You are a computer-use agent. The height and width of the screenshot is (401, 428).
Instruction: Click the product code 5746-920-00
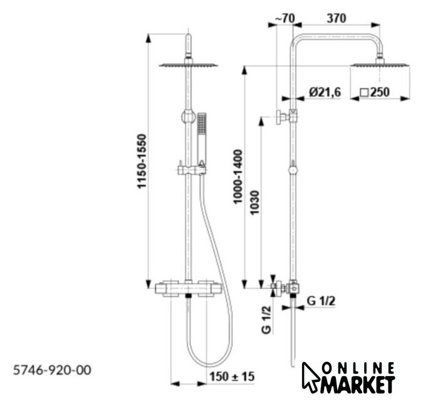click(52, 370)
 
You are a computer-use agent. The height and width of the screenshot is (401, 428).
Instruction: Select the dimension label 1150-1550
click(142, 161)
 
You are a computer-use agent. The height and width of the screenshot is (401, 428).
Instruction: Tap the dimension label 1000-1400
click(237, 177)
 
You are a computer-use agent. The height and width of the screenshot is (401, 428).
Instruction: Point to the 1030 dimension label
click(254, 202)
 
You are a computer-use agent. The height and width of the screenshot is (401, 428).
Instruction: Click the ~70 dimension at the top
click(284, 19)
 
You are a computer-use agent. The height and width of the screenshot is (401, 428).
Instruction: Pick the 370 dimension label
click(337, 18)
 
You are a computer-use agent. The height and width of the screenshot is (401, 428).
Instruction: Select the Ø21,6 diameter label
click(325, 92)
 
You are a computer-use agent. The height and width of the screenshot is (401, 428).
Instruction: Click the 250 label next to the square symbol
click(380, 92)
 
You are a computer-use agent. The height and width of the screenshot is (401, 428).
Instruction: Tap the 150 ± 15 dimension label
click(232, 377)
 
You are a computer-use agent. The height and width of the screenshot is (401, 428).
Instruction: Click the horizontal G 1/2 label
click(321, 301)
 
